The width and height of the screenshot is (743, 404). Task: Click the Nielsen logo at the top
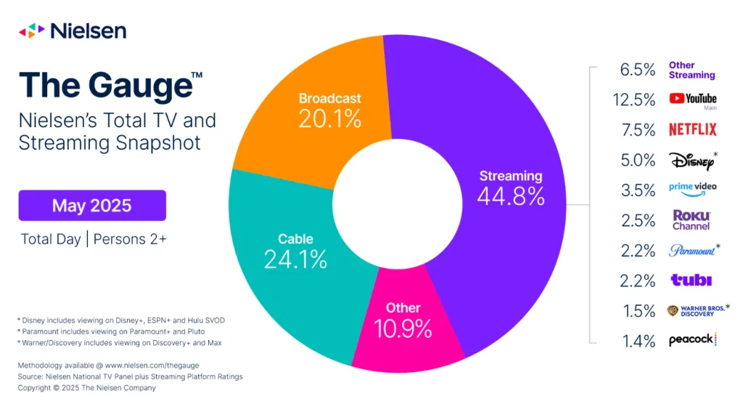(73, 31)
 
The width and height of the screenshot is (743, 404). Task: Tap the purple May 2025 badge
(92, 206)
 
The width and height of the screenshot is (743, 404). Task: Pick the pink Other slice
(406, 328)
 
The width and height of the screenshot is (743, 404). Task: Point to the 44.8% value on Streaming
(511, 196)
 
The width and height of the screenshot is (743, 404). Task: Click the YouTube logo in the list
(693, 99)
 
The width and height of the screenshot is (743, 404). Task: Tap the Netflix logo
(693, 129)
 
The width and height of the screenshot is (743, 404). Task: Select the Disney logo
(693, 161)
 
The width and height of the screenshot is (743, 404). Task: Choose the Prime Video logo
(693, 189)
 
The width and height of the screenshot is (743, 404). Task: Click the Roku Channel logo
(691, 220)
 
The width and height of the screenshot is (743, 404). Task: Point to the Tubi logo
(691, 280)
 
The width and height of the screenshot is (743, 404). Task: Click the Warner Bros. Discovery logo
(698, 310)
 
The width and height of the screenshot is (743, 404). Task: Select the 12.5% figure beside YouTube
(634, 100)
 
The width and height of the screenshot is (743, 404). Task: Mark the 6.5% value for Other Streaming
(638, 70)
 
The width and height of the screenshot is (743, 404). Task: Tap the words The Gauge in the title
(106, 86)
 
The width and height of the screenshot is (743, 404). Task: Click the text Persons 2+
(130, 239)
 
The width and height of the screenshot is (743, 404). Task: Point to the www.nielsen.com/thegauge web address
(152, 365)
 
